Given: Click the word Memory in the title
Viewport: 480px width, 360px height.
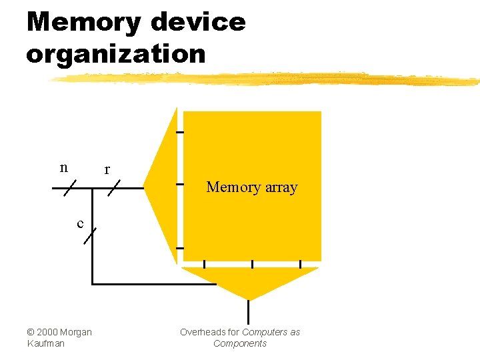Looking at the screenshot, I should point(83,23).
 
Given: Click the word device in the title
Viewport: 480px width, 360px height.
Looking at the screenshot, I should point(199,23).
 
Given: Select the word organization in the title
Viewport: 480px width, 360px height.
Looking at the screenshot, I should point(116,54).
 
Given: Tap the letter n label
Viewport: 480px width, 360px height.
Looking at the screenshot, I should point(64,167).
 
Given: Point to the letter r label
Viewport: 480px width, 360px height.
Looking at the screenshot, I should point(107,170).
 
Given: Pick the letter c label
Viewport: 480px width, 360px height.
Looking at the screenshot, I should point(80,223).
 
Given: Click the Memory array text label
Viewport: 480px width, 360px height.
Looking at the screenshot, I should point(251,187).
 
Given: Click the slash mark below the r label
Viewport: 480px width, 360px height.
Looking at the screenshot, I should point(113,189).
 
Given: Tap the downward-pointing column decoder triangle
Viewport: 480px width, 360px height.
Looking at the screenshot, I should point(249,281).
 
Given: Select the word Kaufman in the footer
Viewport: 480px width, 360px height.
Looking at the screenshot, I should point(45,343).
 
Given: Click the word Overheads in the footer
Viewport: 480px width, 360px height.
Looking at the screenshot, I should point(200,332).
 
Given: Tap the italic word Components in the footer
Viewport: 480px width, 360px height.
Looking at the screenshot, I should point(240,343).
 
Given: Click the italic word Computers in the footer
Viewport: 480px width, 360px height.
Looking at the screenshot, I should point(265,332).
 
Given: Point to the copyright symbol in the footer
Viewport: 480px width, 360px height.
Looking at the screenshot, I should point(30,332).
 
